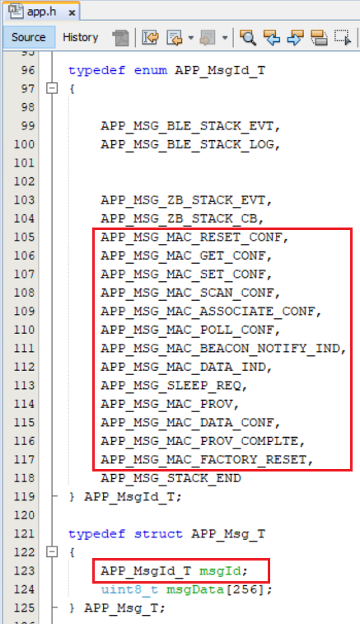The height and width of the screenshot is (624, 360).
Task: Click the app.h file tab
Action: coord(41,12)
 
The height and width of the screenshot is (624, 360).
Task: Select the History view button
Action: coord(81,37)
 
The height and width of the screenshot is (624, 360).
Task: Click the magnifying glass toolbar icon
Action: coord(248,38)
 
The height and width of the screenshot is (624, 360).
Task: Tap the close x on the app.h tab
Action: coord(72,12)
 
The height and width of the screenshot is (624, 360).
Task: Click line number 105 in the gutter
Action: coord(24,237)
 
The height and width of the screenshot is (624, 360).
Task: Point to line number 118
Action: coord(24,478)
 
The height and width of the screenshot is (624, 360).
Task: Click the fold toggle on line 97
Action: coord(52,88)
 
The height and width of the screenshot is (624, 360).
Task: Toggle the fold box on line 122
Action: coord(52,552)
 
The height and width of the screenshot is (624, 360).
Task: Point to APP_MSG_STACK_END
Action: coord(171,478)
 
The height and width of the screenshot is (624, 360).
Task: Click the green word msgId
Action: coord(220,571)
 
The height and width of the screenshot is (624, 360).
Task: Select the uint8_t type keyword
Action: coord(129,589)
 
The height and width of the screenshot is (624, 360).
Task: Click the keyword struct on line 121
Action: coord(158,533)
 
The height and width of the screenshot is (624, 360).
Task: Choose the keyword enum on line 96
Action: coord(151,70)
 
